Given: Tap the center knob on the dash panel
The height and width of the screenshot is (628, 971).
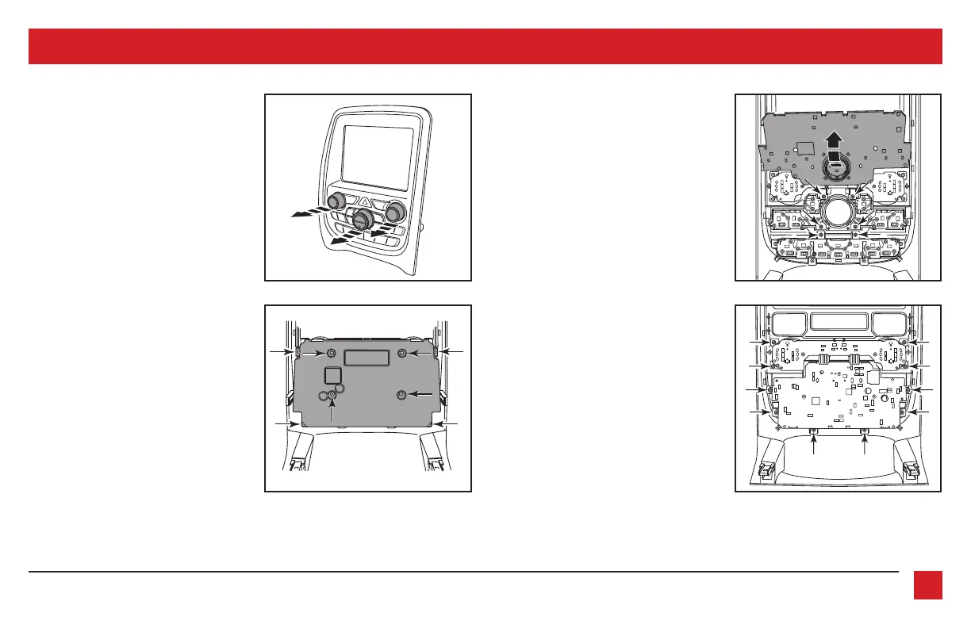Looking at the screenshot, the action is pos(364,219).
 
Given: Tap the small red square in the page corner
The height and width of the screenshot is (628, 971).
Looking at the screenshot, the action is pos(927,585).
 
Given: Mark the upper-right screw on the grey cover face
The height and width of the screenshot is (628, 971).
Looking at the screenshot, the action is pos(403,353).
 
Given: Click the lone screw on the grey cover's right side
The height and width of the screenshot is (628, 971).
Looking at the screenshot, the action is pos(402,394).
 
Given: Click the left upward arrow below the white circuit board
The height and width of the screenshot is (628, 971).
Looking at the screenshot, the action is pos(815,444).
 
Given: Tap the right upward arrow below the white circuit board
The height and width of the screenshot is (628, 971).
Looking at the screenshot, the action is pos(864,444).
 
